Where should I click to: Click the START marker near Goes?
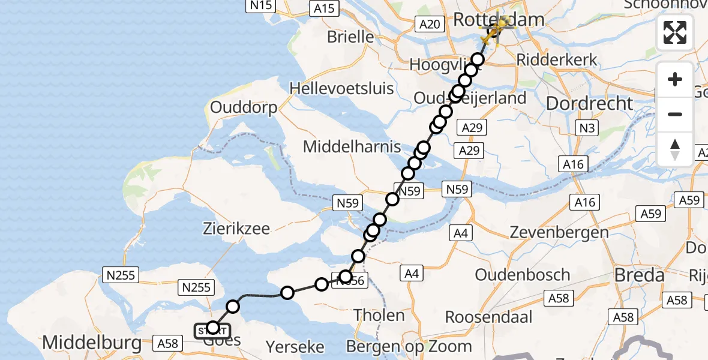(x=212, y=329)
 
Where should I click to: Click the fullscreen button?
(x=675, y=32)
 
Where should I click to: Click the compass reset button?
(x=675, y=149)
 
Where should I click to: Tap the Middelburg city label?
(x=92, y=343)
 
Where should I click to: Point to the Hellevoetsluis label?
(x=342, y=89)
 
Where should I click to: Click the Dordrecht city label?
(x=590, y=104)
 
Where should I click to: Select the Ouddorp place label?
(x=243, y=108)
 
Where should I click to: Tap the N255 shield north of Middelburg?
(x=121, y=276)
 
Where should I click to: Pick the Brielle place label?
(x=350, y=37)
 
